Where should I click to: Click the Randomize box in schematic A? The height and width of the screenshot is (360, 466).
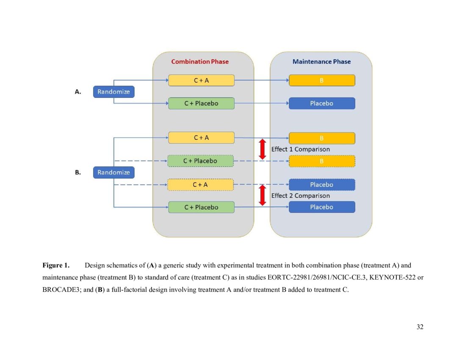(x=114, y=91)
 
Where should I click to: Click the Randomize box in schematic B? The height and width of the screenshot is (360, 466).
(x=114, y=172)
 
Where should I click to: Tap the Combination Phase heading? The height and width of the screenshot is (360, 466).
(x=200, y=62)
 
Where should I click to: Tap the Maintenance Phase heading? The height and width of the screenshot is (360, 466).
(x=322, y=62)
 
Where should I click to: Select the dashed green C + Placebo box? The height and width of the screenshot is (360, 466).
(x=200, y=161)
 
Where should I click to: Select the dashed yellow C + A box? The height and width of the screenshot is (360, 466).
(x=200, y=185)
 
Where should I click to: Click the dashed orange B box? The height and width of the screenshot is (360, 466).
(x=322, y=161)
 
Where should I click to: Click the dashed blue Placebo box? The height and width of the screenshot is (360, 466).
(x=322, y=185)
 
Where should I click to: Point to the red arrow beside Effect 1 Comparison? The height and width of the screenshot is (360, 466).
(x=262, y=149)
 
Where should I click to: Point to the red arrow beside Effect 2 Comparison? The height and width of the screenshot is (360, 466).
(x=262, y=195)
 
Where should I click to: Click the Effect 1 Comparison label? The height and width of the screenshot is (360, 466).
(x=300, y=150)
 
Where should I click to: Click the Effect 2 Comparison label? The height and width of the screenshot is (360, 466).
(x=300, y=196)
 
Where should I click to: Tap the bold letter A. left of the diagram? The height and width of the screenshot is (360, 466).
(x=78, y=92)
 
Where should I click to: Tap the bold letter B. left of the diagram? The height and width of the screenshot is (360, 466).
(x=78, y=172)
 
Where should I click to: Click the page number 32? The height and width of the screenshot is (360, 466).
(x=420, y=327)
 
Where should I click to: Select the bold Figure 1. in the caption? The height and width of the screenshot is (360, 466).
(x=55, y=266)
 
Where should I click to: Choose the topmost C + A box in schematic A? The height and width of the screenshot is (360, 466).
(x=201, y=80)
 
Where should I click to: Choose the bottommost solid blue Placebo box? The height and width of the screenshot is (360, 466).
(x=322, y=207)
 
